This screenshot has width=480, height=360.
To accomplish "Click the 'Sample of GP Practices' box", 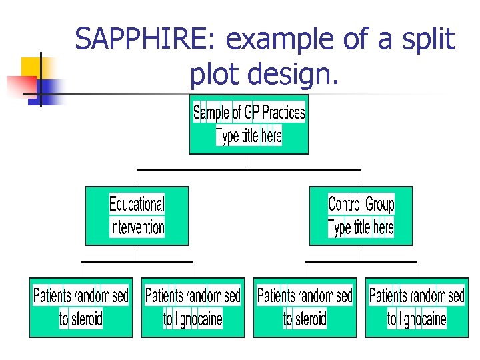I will coord(249,125).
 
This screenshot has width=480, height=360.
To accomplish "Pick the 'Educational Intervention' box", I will coord(137,215).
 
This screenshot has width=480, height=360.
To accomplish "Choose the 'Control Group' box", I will coord(361,215).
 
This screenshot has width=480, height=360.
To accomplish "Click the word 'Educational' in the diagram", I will coord(137,203).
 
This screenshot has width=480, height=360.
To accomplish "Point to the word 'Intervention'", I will coord(137,227).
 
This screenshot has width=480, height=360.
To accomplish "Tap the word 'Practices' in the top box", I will coord(283,112).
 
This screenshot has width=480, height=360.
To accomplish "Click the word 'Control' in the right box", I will coord(345,203).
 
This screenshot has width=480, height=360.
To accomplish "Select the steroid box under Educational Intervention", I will coord(81,307).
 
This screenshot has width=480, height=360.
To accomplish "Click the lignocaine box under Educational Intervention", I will coord(193,307).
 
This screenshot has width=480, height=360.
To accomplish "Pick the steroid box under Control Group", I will coord(305,307).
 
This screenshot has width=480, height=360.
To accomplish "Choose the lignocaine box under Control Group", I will coord(417,307).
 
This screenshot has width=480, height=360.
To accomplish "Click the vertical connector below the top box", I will coord(249,162).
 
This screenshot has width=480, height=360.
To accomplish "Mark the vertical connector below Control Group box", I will coord(361,253).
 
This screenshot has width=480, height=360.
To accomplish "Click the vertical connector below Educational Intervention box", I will coord(137,253).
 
